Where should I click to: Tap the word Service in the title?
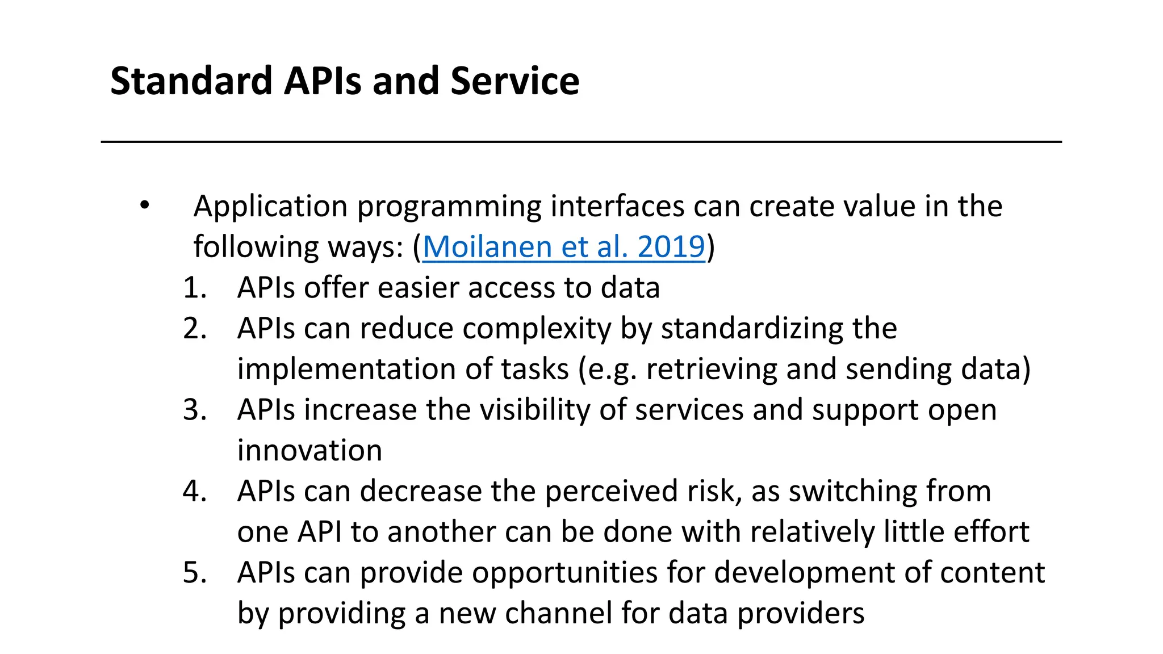pos(514,81)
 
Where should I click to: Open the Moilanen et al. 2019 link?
pos(563,247)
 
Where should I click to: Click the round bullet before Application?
pos(145,205)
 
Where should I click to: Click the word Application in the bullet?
pos(270,207)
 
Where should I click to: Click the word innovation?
pos(309,451)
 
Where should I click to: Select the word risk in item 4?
pos(714,491)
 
